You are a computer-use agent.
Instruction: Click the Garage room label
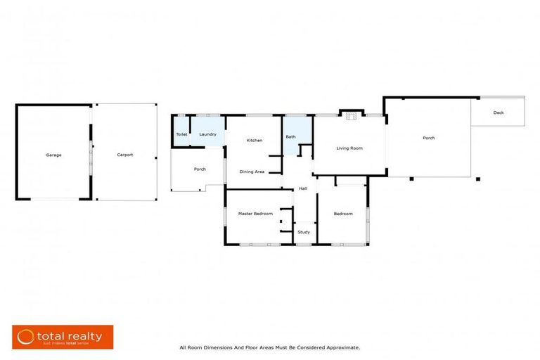tap(53, 155)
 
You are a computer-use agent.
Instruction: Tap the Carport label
tap(124, 155)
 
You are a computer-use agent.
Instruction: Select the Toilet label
tap(181, 134)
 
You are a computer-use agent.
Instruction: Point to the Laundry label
tap(207, 134)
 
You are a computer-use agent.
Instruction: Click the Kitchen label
tap(254, 141)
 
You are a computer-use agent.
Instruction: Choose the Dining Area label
tap(252, 172)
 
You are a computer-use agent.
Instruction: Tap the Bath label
tap(290, 137)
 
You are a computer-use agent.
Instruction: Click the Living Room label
tap(349, 148)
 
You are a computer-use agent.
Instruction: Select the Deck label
tap(499, 112)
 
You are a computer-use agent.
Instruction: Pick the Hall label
tap(303, 188)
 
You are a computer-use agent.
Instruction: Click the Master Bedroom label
tap(255, 214)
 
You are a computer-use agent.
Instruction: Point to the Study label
tap(304, 232)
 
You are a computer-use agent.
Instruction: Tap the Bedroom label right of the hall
tap(343, 214)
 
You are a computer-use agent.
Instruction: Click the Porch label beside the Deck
tap(428, 138)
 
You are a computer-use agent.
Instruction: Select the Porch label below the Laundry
tap(200, 169)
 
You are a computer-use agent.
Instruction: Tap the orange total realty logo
tap(63, 337)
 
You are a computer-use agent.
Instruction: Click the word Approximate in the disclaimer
tap(343, 347)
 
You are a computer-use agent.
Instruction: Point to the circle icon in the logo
tap(27, 337)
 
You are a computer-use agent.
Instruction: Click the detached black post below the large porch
tap(478, 179)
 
